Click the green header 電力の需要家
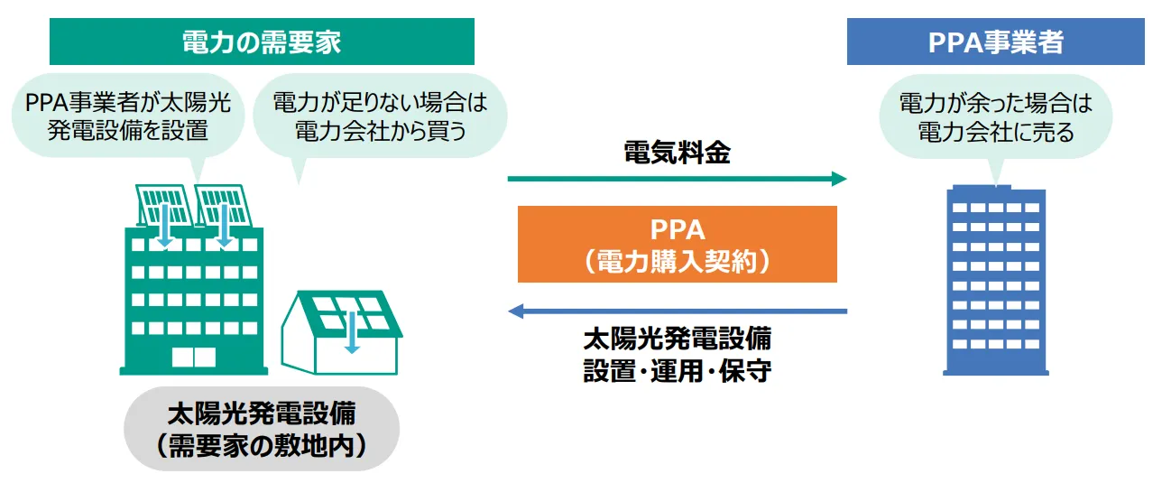click(x=262, y=42)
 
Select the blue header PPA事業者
click(x=995, y=42)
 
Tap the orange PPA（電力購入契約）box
click(x=677, y=245)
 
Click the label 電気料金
click(x=677, y=153)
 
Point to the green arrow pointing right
click(x=677, y=179)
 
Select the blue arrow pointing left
click(x=677, y=311)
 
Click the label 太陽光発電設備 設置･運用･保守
click(x=677, y=355)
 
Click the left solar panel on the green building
click(x=162, y=205)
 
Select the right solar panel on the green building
click(x=221, y=205)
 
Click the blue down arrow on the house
click(x=352, y=336)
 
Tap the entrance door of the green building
click(x=194, y=357)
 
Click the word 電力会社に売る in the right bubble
click(x=995, y=133)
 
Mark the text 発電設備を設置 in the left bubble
click(x=127, y=131)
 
